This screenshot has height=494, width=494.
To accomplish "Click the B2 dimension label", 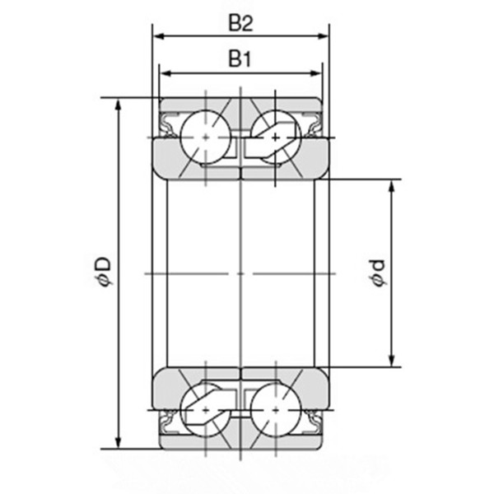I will [x=240, y=23].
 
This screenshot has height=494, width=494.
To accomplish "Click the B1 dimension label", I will [x=240, y=59].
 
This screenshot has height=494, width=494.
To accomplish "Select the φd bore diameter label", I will [x=377, y=273].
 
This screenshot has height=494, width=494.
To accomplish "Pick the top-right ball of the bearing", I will [x=274, y=134].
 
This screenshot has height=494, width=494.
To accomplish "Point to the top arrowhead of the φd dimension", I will [x=393, y=183].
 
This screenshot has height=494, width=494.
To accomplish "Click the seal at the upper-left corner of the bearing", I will [x=168, y=126].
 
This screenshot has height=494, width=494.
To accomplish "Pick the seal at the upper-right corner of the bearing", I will [x=314, y=126].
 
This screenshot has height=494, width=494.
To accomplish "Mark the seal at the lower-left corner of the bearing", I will [x=168, y=422].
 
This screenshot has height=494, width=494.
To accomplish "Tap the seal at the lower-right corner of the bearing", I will [x=314, y=422].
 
